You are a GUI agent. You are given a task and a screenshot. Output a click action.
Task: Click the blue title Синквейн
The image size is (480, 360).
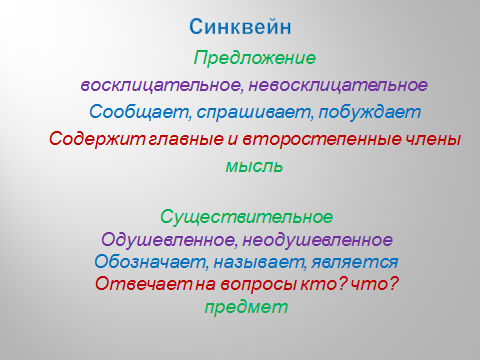240,27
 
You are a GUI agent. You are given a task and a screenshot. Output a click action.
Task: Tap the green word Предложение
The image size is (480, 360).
254,58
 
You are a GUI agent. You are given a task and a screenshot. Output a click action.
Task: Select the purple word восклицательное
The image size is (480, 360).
160,86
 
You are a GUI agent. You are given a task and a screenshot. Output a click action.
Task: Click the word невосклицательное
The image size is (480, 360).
338,86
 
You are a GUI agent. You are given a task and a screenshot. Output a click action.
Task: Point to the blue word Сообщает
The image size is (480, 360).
139,112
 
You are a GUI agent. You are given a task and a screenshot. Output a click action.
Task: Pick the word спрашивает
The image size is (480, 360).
253,113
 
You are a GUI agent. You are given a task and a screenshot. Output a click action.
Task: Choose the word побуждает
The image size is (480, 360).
370,113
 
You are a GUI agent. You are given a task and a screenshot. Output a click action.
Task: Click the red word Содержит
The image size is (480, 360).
97,139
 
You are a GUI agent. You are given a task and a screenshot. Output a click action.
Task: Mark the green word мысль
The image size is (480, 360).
254,166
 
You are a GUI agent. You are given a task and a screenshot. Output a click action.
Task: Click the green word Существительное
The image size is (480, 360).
246,217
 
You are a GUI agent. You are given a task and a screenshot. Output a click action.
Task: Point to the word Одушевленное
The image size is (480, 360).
168,240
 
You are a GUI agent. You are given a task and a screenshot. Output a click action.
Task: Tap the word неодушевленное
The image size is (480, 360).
318,240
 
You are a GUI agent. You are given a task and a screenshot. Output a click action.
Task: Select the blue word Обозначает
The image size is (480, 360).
150,262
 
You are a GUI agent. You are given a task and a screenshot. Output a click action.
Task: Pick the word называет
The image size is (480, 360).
259,262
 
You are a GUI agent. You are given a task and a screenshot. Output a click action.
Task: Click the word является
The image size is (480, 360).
355,262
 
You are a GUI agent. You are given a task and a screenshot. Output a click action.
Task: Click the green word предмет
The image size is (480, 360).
246,307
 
